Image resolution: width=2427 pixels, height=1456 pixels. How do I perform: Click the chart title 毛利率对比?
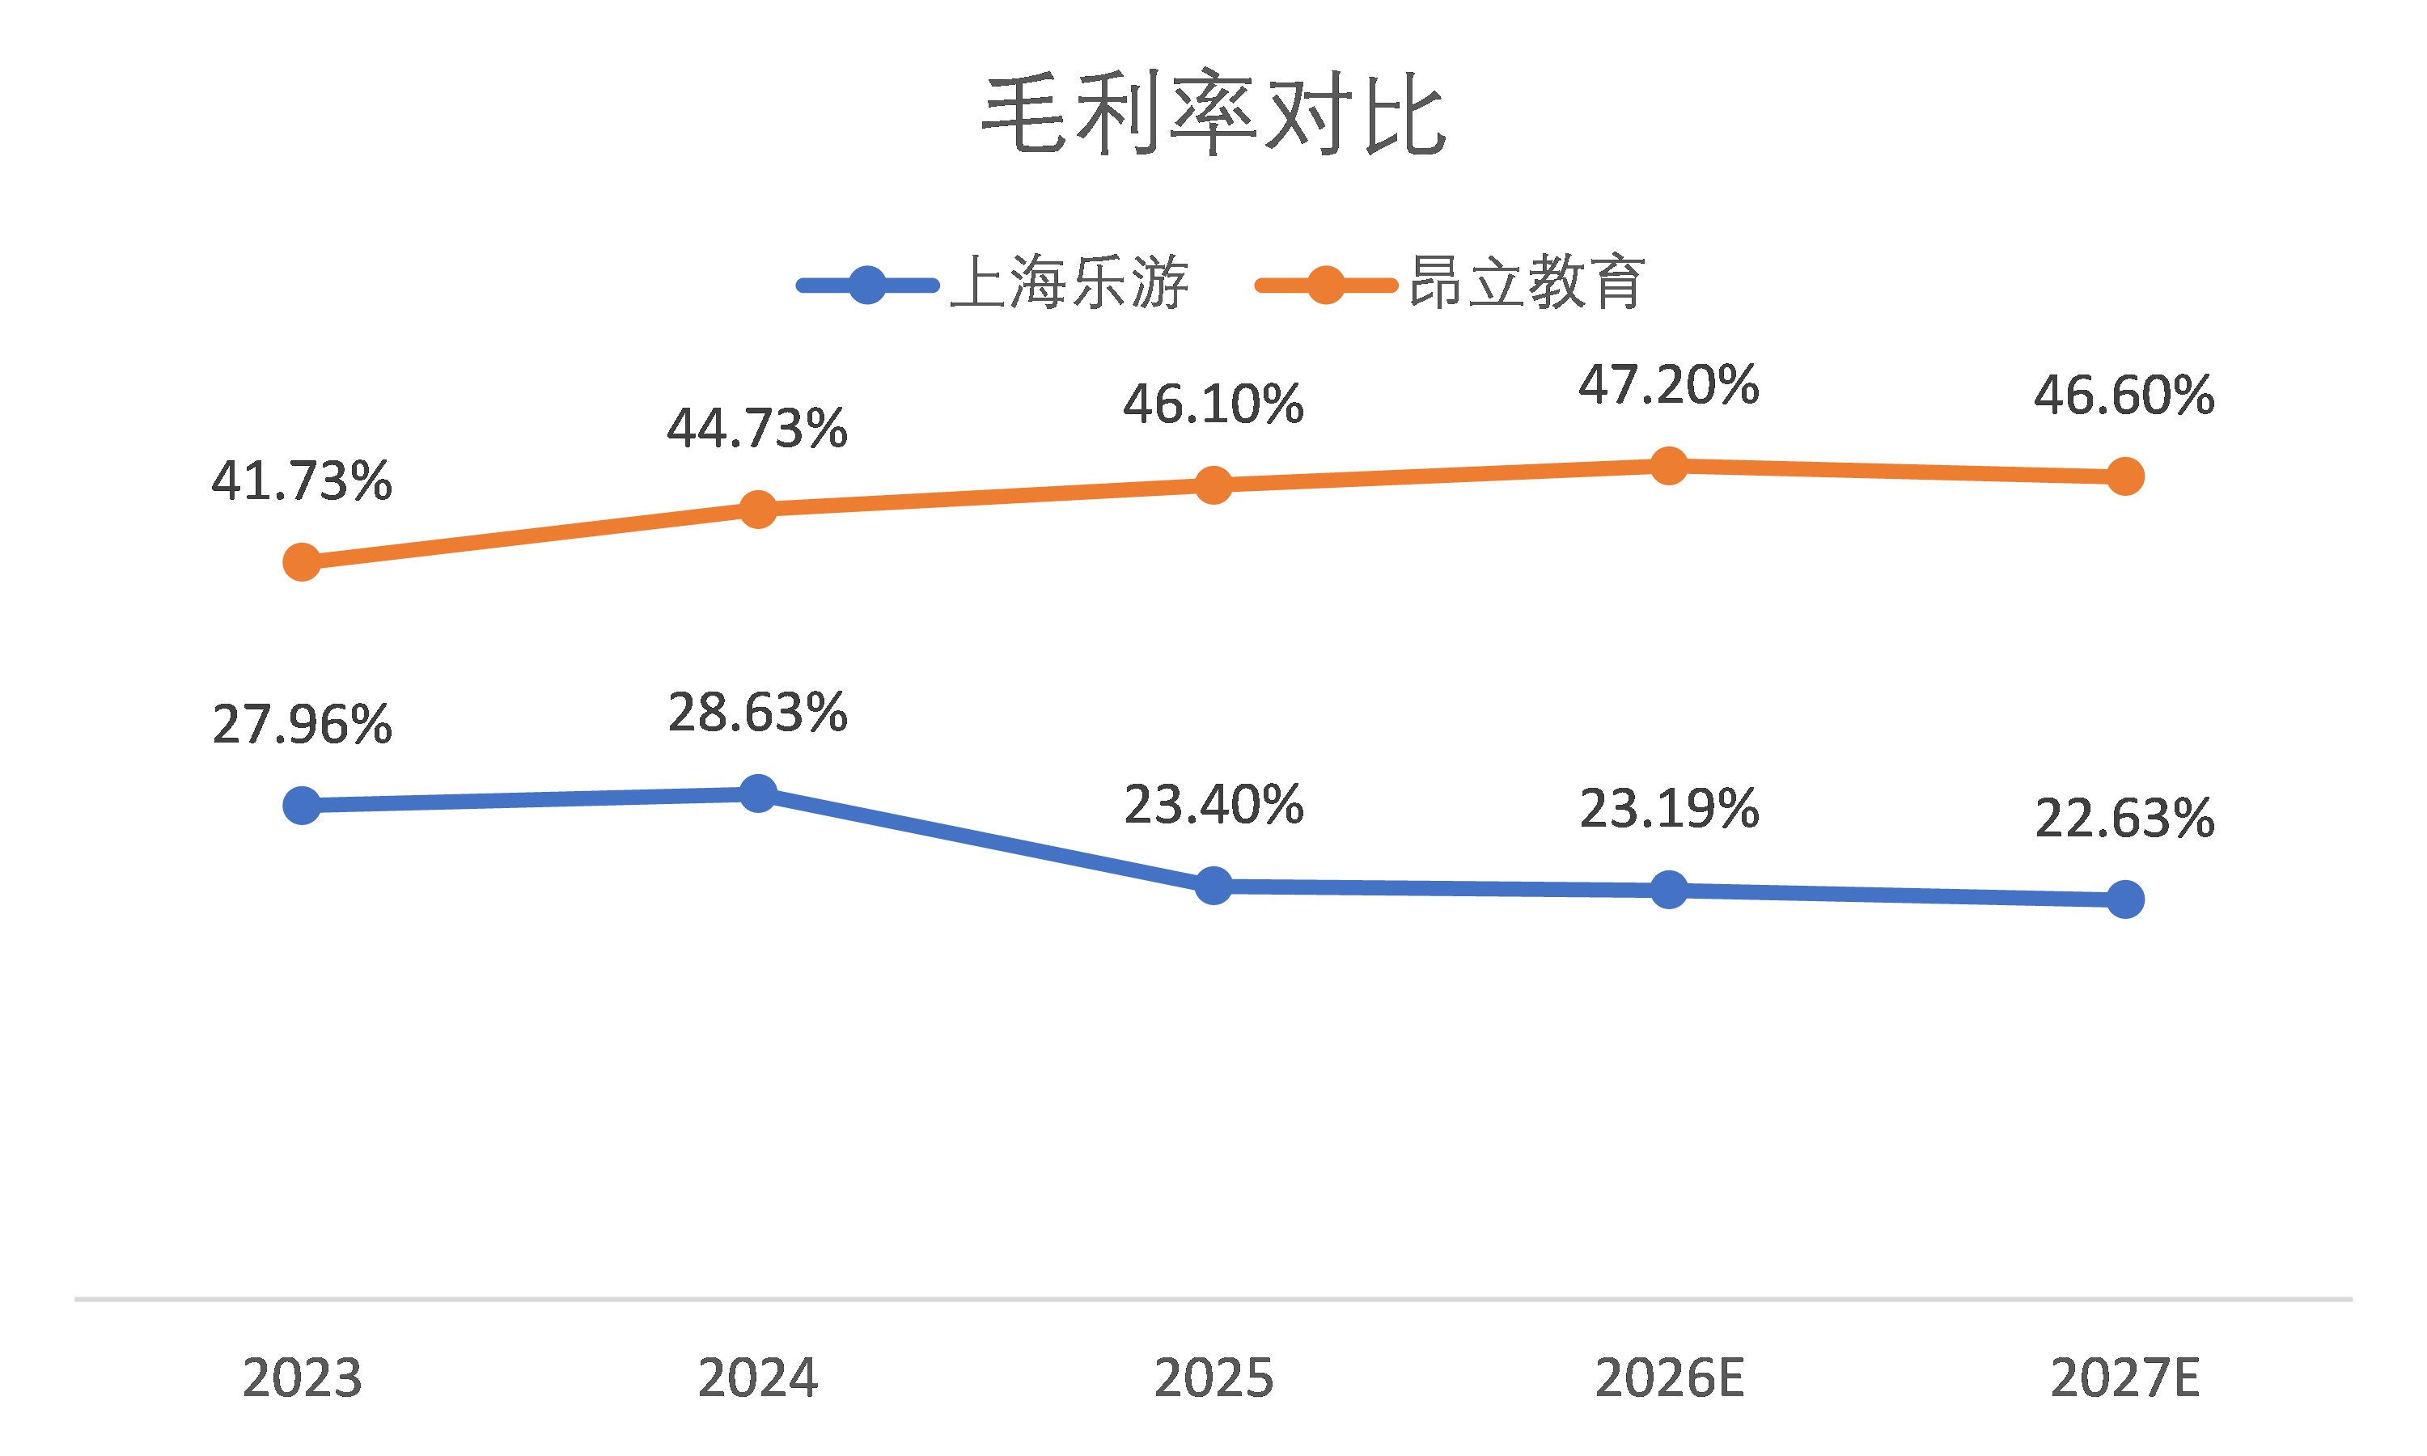click(1213, 116)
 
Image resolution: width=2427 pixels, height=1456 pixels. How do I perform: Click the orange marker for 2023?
click(301, 562)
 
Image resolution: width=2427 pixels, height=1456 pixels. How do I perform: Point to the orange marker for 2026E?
click(1669, 466)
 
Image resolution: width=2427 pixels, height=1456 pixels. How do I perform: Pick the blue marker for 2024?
click(757, 794)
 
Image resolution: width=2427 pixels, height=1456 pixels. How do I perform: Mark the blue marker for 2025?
click(1213, 886)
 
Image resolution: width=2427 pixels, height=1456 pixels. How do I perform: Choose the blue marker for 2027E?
click(2125, 899)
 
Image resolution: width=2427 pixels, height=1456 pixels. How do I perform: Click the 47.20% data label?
click(1669, 386)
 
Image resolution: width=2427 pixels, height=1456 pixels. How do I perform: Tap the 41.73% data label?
click(301, 482)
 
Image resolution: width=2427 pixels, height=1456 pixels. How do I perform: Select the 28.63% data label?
click(757, 713)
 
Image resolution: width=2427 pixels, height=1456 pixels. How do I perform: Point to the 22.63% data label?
click(2125, 819)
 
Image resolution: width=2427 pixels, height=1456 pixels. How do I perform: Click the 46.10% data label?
click(1213, 405)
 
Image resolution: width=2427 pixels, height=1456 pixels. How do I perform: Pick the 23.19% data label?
click(1669, 811)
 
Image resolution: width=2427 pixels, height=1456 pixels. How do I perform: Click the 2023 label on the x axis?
click(301, 1378)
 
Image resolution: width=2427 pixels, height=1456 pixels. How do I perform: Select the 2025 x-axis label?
click(1213, 1378)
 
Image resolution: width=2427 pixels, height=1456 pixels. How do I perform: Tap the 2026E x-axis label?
click(1669, 1378)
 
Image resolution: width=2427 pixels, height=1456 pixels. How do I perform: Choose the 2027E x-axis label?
click(2125, 1378)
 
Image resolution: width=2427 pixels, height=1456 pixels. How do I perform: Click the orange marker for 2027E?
click(2125, 476)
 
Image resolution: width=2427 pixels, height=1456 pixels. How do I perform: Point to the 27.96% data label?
click(301, 725)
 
